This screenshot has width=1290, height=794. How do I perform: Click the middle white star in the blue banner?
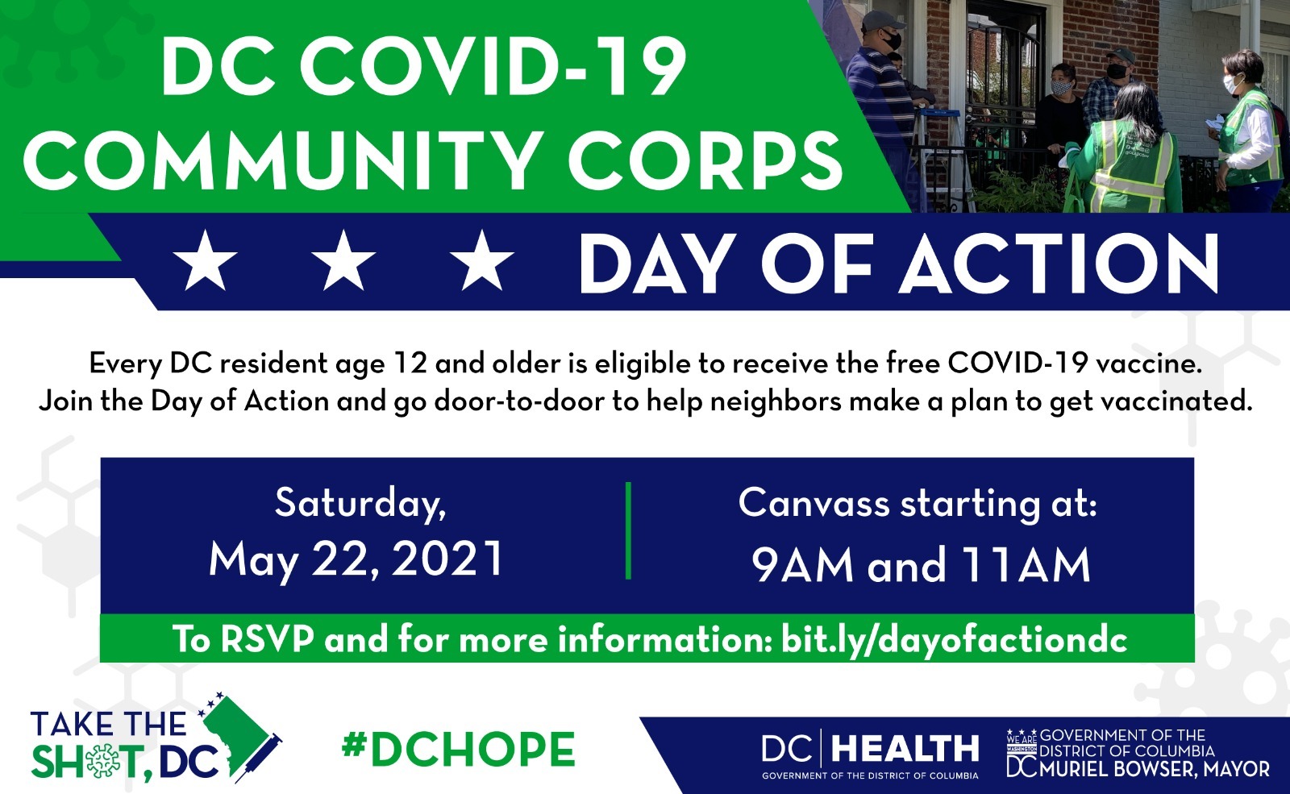343,260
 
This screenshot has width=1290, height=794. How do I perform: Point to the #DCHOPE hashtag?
459,749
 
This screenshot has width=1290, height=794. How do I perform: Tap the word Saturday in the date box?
360,503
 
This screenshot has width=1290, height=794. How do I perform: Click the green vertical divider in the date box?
628,530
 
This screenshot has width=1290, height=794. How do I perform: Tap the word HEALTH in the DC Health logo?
905,749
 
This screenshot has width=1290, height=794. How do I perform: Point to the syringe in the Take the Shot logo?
259,757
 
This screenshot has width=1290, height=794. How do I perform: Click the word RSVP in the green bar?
268,640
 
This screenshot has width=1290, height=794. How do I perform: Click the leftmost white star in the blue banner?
205,260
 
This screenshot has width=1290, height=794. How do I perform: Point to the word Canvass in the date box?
814,503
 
